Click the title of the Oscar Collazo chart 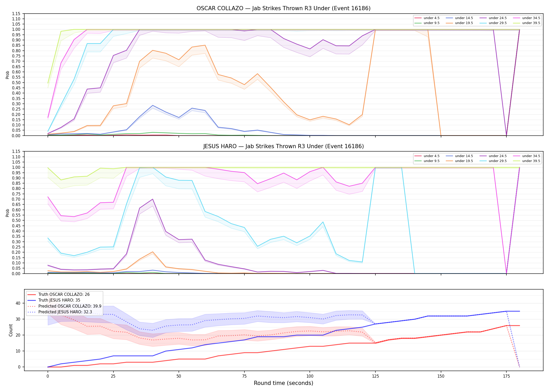click(x=283, y=8)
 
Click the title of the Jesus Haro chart click(x=283, y=146)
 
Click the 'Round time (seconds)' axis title click(x=283, y=383)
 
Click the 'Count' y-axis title click(x=11, y=330)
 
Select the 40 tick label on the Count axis click(x=18, y=303)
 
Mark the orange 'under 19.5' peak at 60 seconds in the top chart click(x=205, y=45)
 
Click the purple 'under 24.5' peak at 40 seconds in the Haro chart click(x=153, y=199)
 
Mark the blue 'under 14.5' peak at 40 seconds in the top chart click(x=153, y=105)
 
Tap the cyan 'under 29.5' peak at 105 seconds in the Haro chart click(x=323, y=222)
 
